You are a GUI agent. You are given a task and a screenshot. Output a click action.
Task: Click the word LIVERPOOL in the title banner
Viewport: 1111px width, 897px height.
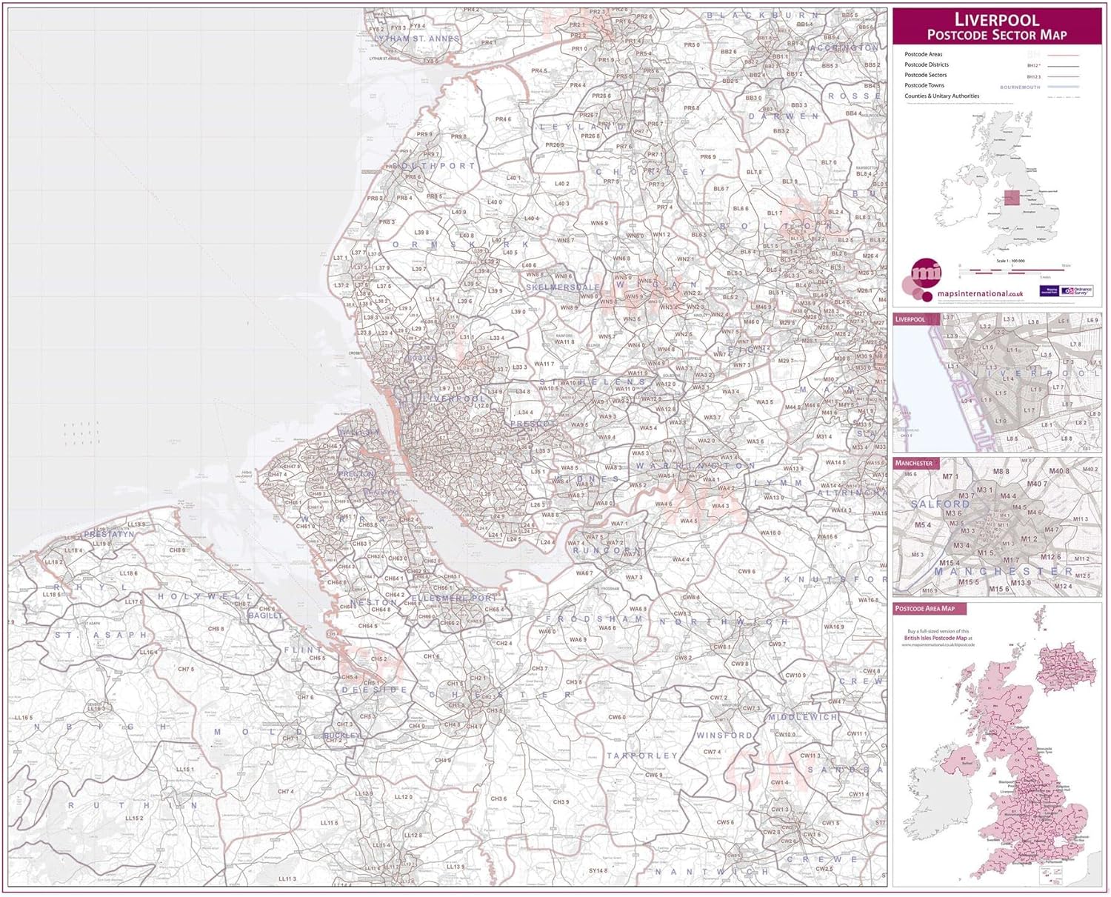[x=997, y=19]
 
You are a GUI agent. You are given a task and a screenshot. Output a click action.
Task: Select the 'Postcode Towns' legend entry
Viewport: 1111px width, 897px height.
[x=924, y=85]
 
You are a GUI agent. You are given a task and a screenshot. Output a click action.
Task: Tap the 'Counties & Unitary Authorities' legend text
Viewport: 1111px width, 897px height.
[x=941, y=96]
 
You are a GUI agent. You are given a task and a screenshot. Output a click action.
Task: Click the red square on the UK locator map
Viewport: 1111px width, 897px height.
[x=1012, y=197]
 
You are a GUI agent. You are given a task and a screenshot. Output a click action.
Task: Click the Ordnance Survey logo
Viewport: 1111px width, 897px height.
[x=1077, y=291]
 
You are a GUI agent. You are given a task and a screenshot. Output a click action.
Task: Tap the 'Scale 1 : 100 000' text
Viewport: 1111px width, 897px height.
[x=1010, y=261]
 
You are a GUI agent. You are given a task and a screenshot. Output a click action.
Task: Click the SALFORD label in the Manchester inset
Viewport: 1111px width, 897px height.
[x=941, y=504]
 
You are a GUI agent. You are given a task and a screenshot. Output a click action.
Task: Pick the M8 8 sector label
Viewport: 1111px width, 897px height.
[x=1001, y=471]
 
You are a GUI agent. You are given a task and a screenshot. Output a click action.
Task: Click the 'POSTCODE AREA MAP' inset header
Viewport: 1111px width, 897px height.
[x=925, y=608]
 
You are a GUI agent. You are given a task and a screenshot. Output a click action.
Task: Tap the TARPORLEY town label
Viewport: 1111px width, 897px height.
[x=642, y=756]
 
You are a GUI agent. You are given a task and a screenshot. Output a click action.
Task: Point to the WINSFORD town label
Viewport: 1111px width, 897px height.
[x=724, y=735]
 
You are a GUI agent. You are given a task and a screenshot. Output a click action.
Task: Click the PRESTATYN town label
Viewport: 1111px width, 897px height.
[x=110, y=533]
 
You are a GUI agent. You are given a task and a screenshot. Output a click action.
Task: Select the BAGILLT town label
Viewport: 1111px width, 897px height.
[x=265, y=616]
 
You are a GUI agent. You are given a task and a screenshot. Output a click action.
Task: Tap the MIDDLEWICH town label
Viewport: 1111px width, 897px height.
[x=803, y=717]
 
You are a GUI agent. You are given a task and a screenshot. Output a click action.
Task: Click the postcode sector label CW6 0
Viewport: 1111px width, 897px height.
[x=616, y=717]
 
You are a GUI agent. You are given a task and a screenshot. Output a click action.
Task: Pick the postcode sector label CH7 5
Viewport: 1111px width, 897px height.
[x=186, y=669]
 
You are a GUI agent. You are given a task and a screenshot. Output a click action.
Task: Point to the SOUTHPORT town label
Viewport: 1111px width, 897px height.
[x=434, y=166]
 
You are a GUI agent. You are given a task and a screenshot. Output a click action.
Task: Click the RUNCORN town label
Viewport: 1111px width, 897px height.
[x=604, y=551]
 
